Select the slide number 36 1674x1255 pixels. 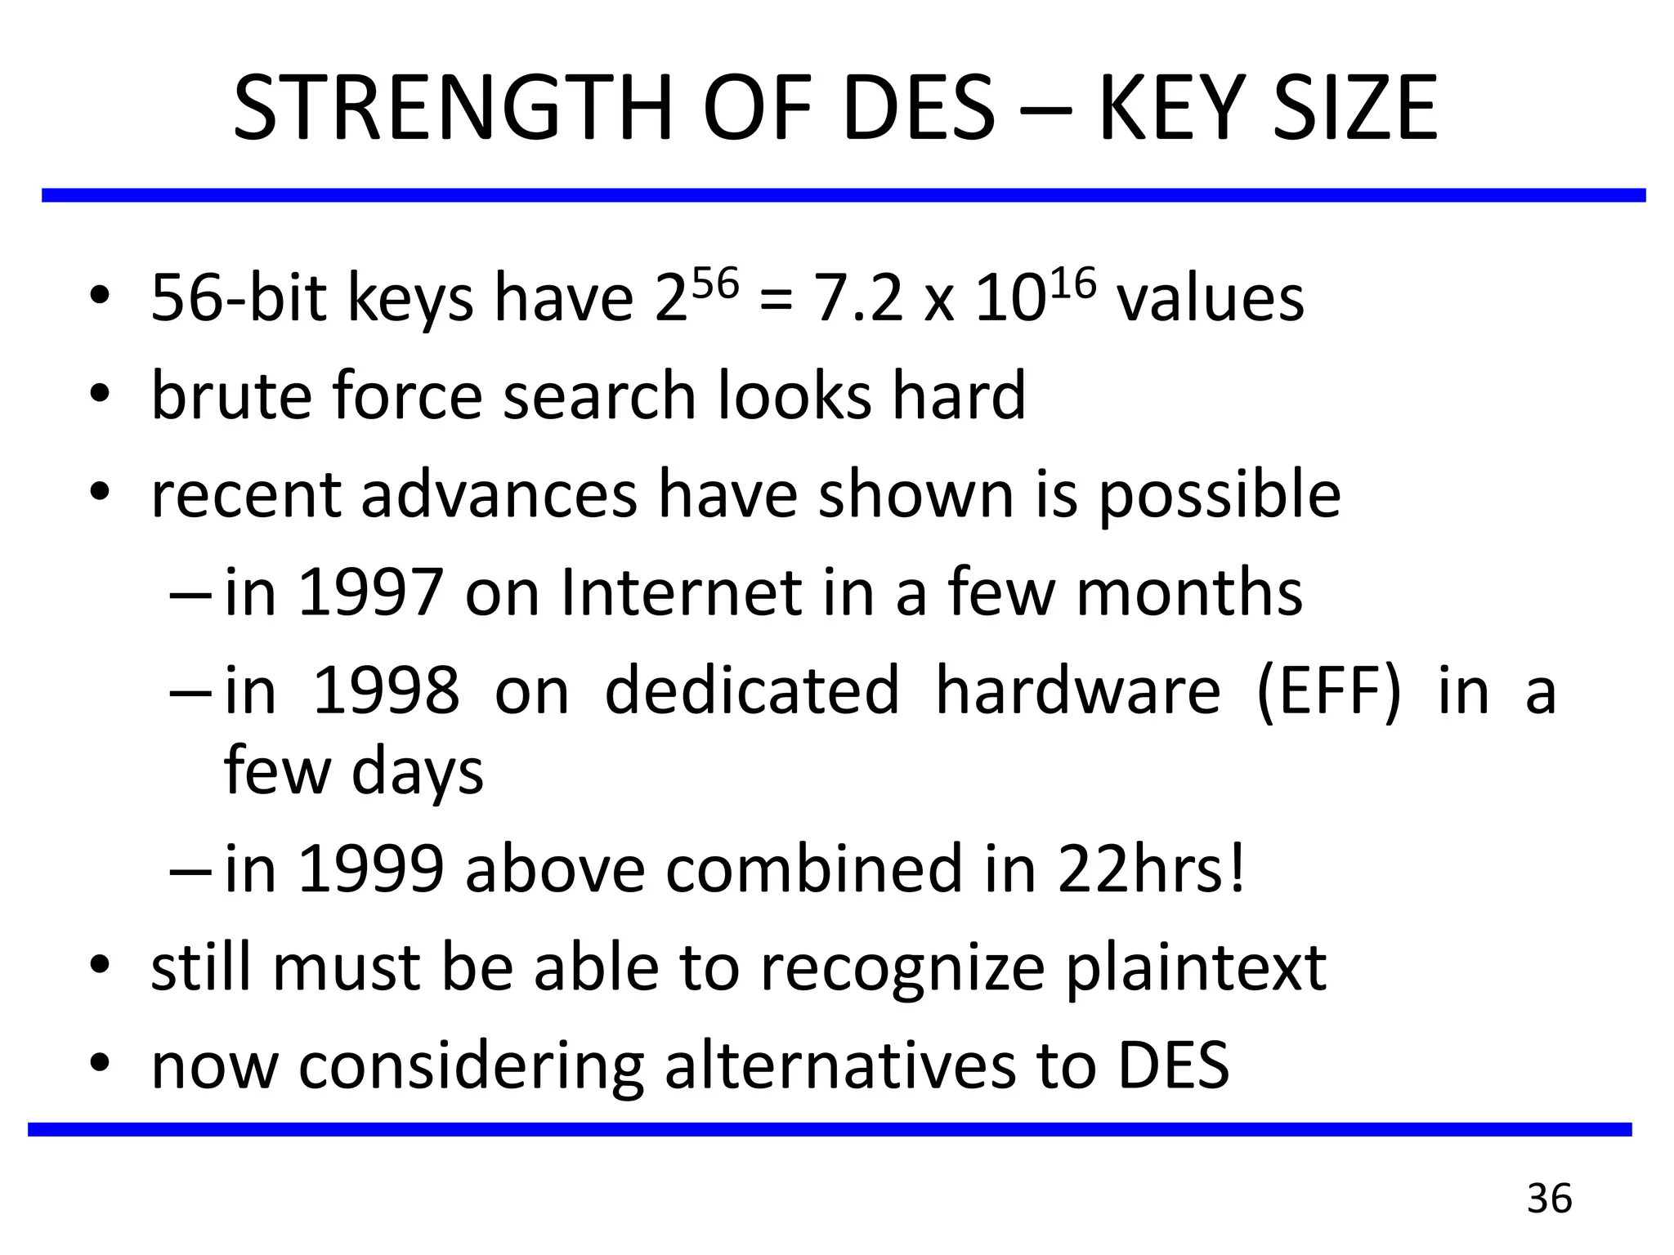1549,1199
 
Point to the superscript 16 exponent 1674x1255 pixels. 1070,284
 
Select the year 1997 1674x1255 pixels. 371,592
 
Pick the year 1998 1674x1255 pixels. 386,691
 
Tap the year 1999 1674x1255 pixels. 371,869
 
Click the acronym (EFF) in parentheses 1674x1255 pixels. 1328,691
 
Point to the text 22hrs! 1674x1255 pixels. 1152,869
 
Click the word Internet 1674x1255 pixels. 682,592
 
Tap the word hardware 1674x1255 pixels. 1077,691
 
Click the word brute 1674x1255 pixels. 232,396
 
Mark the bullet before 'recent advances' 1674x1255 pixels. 100,493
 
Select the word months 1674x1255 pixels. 1189,592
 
